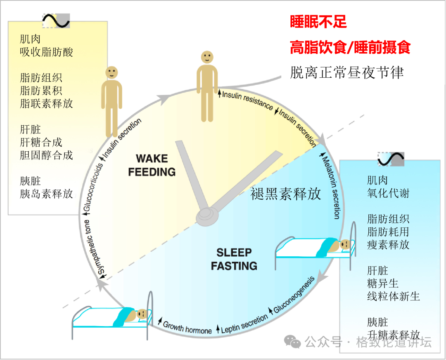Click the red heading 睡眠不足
click(318, 22)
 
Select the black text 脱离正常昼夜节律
click(347, 73)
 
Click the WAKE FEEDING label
click(152, 165)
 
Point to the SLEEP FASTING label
click(234, 259)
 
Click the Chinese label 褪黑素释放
click(286, 194)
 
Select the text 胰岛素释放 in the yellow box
click(46, 194)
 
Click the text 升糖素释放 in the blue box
click(393, 334)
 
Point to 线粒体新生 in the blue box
click(393, 296)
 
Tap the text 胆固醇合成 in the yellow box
click(46, 155)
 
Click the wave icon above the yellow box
click(56, 20)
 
